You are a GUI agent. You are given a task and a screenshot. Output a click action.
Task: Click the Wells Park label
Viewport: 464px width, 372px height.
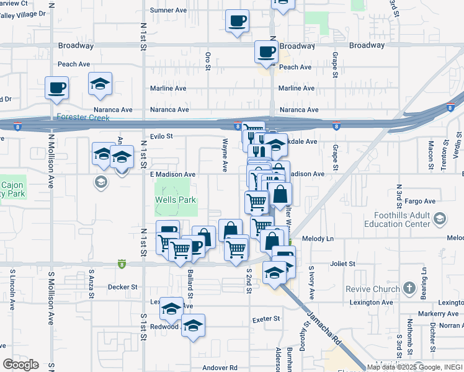click(x=176, y=200)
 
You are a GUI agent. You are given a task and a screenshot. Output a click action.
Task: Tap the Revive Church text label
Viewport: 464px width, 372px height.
click(x=378, y=290)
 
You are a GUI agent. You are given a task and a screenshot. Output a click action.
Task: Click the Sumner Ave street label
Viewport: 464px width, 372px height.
click(x=169, y=11)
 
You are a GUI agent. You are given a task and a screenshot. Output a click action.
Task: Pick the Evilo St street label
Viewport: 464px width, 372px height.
click(x=161, y=136)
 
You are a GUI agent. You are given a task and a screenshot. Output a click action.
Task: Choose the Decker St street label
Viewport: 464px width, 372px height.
click(x=123, y=287)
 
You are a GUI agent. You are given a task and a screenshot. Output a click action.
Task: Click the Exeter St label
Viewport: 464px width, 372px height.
click(x=266, y=319)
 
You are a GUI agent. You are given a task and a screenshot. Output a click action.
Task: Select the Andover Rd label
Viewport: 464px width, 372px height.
click(x=220, y=368)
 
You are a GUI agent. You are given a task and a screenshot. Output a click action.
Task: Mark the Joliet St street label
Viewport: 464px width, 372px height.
click(x=343, y=263)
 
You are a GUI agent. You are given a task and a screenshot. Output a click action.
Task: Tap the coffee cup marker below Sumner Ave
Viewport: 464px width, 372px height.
click(x=237, y=21)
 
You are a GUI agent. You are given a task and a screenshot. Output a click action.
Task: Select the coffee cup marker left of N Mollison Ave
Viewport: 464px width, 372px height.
click(x=56, y=87)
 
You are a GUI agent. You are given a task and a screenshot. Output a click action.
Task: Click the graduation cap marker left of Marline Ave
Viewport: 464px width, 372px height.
click(x=99, y=84)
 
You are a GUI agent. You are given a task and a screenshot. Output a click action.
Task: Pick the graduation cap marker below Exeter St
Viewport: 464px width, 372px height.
click(x=194, y=325)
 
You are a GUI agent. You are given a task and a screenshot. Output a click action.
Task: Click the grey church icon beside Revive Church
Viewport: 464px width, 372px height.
click(x=409, y=288)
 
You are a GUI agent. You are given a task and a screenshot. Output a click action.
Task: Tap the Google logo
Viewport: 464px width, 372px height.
click(x=21, y=364)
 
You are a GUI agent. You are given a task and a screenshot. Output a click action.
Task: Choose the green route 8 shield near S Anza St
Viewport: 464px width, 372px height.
click(x=122, y=263)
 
